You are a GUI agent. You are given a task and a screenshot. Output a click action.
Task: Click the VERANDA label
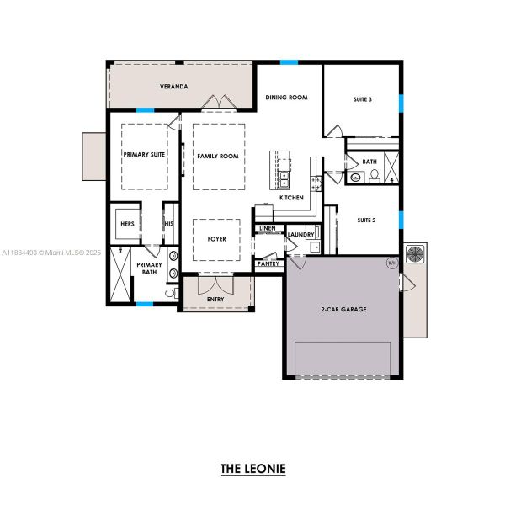click(x=174, y=87)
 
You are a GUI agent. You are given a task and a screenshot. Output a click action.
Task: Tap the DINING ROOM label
click(x=286, y=98)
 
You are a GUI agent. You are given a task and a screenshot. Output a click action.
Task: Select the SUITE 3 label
click(x=362, y=98)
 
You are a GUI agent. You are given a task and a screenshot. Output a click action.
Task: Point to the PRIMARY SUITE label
click(x=143, y=156)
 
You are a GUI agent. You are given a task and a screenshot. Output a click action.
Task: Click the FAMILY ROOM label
click(x=218, y=157)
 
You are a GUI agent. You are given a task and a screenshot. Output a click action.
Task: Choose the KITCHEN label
click(x=291, y=198)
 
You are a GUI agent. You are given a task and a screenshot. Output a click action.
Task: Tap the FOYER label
click(x=217, y=239)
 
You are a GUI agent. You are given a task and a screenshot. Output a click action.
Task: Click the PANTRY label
click(x=268, y=263)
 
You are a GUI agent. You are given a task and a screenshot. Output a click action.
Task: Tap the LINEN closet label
click(x=268, y=228)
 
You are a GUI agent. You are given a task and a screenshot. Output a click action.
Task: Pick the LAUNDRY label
click(x=300, y=234)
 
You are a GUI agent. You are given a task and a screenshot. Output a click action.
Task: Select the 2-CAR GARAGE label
click(x=343, y=310)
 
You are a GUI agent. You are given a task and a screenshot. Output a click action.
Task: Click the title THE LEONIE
click(x=252, y=468)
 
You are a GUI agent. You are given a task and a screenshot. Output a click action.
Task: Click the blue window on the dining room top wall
click(x=290, y=61)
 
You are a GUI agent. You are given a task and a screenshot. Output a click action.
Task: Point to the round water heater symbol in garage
click(x=391, y=263)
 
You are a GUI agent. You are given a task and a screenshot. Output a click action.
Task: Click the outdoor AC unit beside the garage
click(x=416, y=254)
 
